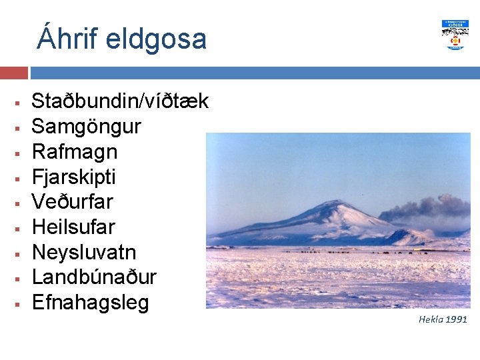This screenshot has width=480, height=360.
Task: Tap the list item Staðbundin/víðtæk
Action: tap(120, 101)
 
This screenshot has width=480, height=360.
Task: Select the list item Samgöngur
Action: tap(86, 127)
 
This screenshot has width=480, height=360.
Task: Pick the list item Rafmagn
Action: tap(75, 152)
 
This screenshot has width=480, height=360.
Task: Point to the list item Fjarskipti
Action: tap(74, 177)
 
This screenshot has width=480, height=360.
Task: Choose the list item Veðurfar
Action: tap(73, 202)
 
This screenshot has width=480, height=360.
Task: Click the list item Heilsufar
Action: tap(73, 227)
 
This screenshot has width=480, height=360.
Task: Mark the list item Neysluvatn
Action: tap(84, 253)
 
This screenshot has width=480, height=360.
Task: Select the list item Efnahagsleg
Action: tap(90, 303)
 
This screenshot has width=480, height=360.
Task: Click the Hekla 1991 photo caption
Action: tap(443, 319)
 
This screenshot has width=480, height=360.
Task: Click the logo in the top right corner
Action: tap(455, 35)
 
